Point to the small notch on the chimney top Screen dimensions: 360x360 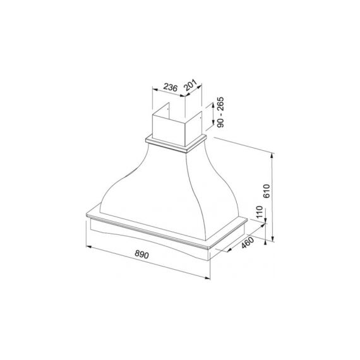[x=176, y=109]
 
